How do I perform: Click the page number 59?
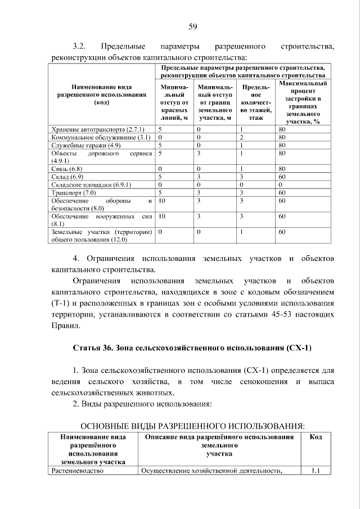pyautogui.click(x=192, y=26)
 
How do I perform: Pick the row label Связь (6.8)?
pyautogui.click(x=67, y=168)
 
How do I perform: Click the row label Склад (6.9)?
pyautogui.click(x=67, y=176)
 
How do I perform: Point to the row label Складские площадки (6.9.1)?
pyautogui.click(x=91, y=184)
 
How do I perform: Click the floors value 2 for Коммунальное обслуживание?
pyautogui.click(x=240, y=137)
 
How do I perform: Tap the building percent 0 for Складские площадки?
pyautogui.click(x=280, y=184)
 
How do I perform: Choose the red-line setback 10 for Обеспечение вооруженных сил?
pyautogui.click(x=162, y=215)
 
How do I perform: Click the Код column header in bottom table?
pyautogui.click(x=315, y=436)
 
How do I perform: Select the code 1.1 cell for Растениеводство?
pyautogui.click(x=315, y=471)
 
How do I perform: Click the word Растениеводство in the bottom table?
pyautogui.click(x=78, y=471)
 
